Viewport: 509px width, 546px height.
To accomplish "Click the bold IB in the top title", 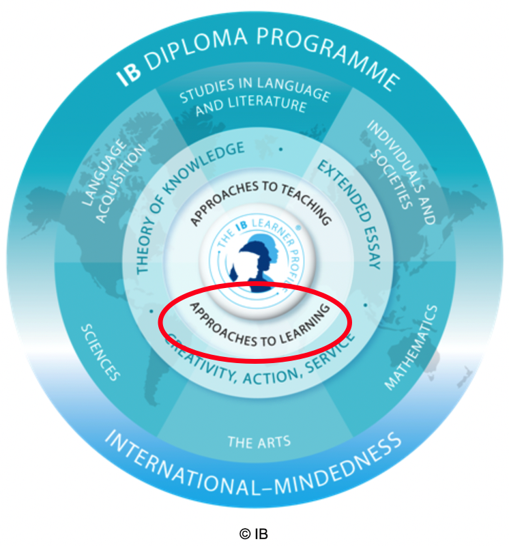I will pyautogui.click(x=128, y=73).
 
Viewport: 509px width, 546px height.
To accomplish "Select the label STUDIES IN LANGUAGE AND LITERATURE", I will pyautogui.click(x=252, y=96).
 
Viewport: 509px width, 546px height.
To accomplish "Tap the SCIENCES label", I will pyautogui.click(x=101, y=351).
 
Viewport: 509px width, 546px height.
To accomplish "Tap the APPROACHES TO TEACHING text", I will pyautogui.click(x=261, y=197).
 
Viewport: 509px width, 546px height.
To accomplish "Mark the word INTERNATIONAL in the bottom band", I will pyautogui.click(x=184, y=464).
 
